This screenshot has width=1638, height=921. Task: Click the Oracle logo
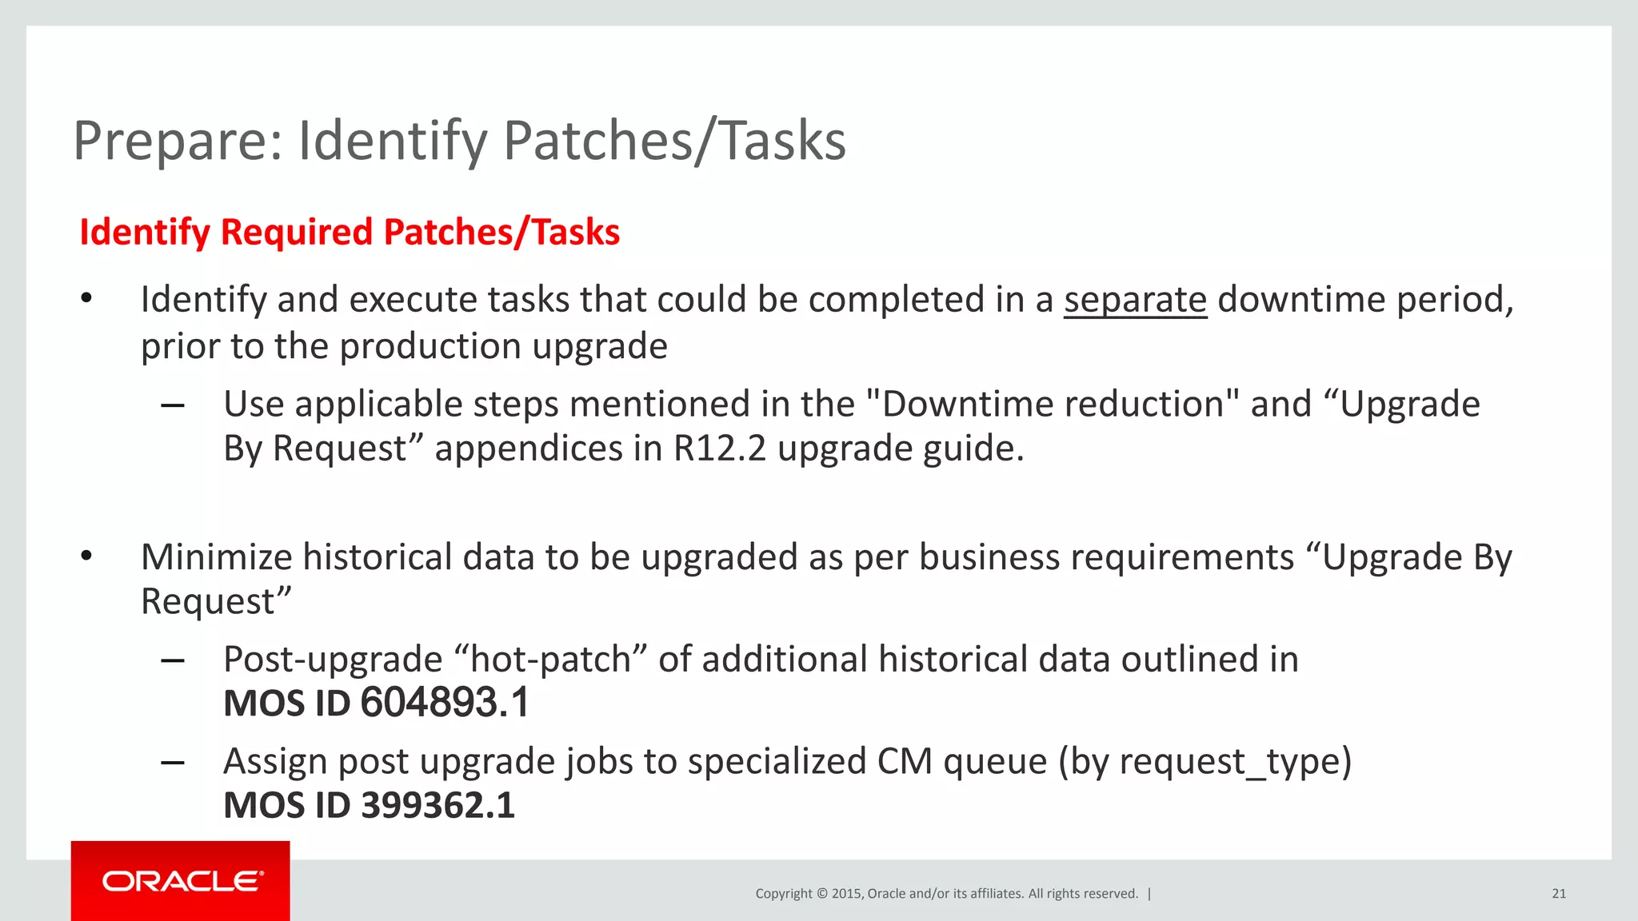(182, 881)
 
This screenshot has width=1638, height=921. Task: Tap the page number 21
(1558, 894)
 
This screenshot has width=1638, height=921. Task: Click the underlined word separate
(1134, 300)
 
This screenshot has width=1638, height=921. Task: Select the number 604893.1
(445, 703)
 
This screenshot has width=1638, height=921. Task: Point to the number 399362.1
(437, 805)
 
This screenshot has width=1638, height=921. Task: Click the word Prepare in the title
(178, 141)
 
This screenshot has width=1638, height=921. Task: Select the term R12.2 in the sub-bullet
(719, 449)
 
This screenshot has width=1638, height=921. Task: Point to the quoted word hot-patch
(550, 660)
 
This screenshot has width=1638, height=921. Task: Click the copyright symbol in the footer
(821, 894)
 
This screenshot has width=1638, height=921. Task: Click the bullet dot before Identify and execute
(86, 300)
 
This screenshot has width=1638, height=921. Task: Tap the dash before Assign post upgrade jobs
(173, 763)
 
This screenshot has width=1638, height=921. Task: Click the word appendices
(528, 449)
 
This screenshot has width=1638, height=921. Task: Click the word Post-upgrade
(333, 660)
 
